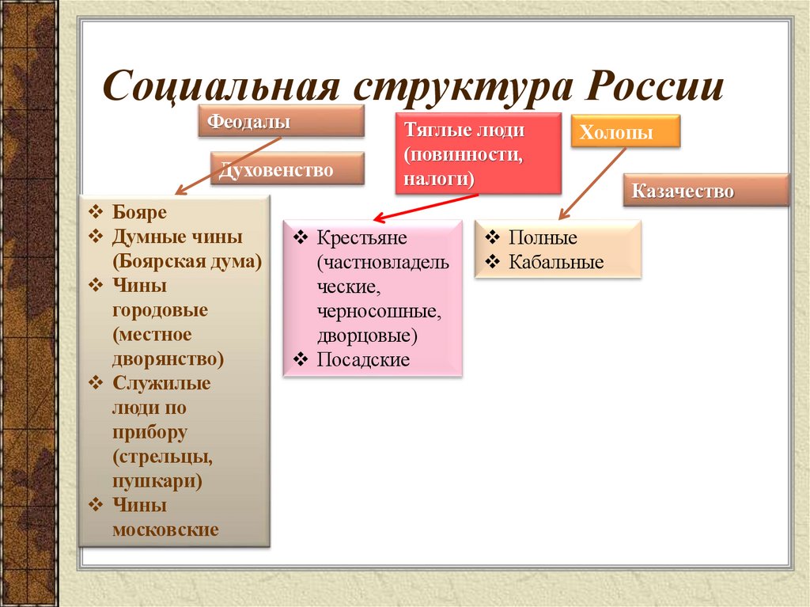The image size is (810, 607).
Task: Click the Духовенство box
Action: [287, 169]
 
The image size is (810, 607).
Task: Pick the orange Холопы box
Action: [625, 131]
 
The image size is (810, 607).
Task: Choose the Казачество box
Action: [706, 191]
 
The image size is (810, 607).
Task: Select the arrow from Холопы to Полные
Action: [593, 180]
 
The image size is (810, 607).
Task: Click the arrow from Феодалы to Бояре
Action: [228, 165]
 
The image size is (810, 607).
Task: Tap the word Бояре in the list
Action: [140, 213]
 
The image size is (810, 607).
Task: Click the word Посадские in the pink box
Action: [363, 360]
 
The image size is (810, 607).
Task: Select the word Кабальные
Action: [556, 262]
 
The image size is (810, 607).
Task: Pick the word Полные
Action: [543, 238]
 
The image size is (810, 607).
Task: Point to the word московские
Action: [165, 529]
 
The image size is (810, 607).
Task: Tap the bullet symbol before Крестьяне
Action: [301, 237]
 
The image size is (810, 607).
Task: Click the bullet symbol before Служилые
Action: [97, 383]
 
